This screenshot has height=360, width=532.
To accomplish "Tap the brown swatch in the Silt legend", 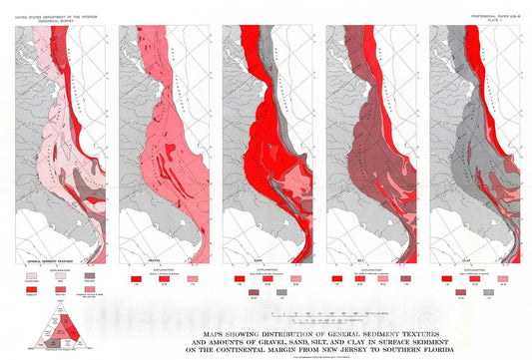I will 404,279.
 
